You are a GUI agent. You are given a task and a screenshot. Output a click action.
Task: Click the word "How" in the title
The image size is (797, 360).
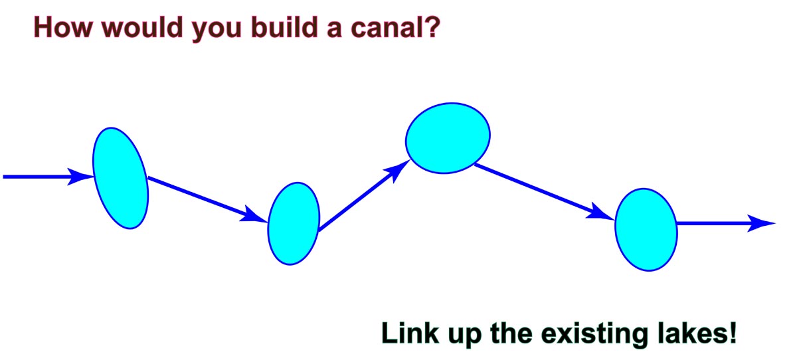63,27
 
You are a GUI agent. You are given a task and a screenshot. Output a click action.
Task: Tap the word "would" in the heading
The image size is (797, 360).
142,27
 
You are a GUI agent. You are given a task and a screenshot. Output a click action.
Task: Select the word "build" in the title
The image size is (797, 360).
284,27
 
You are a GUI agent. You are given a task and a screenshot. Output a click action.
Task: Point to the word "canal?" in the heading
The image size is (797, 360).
396,27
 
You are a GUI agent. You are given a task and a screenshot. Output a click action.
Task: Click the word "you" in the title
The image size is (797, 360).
217,31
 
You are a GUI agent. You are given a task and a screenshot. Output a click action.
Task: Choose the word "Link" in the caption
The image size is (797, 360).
410,333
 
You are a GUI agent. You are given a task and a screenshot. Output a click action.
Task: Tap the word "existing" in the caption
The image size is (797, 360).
594,334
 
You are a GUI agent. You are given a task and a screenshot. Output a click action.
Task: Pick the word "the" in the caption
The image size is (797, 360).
511,333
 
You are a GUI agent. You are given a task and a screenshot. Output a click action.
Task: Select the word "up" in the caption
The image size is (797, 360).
465,336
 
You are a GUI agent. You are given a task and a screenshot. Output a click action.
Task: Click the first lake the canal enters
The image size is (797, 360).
120,178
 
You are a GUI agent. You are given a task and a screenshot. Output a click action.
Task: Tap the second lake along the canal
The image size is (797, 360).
294,224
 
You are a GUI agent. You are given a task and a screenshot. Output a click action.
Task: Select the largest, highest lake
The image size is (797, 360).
448,138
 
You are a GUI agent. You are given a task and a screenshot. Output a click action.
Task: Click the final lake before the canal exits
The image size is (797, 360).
646,229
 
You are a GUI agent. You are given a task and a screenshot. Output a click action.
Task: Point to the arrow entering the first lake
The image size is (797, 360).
48,177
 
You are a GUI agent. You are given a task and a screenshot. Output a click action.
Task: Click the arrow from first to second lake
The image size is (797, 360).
208,199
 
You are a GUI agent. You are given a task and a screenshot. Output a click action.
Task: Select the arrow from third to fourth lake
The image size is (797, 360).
545,192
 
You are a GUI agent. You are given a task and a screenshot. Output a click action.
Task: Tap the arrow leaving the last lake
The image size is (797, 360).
726,223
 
